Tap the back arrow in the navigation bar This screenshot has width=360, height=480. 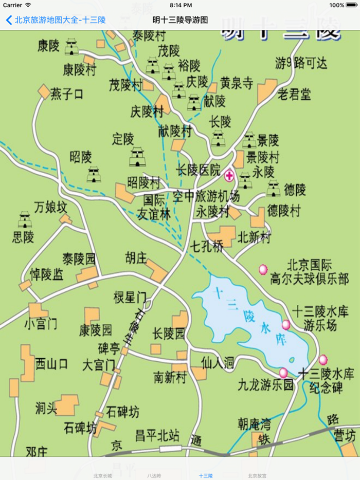point(9,21)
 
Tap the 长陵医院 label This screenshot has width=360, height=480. point(198,169)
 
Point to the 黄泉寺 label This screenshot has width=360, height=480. point(237,83)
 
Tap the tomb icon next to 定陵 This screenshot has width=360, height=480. point(137,157)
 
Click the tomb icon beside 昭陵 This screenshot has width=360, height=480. point(94,174)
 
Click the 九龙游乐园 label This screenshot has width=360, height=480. point(265,384)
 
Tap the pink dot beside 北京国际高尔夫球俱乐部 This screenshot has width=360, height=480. point(263,269)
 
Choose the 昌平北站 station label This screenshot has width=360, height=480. point(157,436)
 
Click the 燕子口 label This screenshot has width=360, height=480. point(67,94)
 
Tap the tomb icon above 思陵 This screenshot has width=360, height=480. point(24,219)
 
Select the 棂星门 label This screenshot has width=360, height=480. point(130,297)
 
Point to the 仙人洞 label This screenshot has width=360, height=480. point(218,363)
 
